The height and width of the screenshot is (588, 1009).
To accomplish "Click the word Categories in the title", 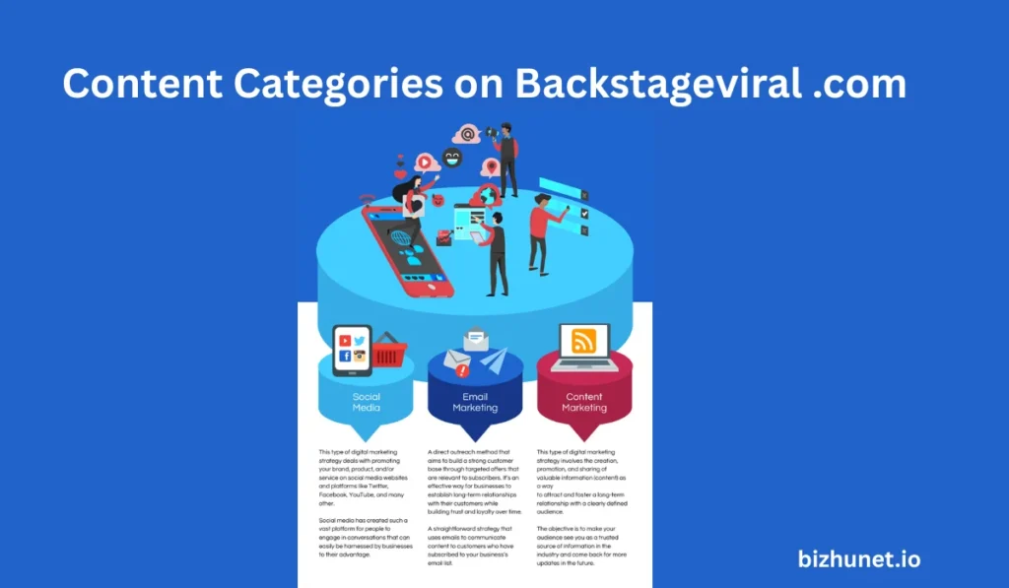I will [x=336, y=86].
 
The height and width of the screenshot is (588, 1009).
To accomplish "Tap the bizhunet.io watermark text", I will [x=859, y=558].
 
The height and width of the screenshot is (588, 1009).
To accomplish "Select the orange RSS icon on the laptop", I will [x=584, y=342].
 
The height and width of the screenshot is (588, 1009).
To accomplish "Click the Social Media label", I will [x=366, y=403].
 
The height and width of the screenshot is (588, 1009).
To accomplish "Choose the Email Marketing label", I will [x=475, y=403].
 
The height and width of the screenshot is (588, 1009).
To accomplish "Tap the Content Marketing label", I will [x=584, y=403].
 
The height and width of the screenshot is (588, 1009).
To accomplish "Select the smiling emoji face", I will [x=452, y=157].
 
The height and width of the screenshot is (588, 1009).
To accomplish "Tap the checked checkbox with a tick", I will [x=584, y=212].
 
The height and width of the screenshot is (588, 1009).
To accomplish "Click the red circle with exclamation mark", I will [x=462, y=371].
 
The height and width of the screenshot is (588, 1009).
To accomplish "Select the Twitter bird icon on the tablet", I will [x=361, y=340].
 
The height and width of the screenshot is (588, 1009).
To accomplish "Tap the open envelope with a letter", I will [x=477, y=341].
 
